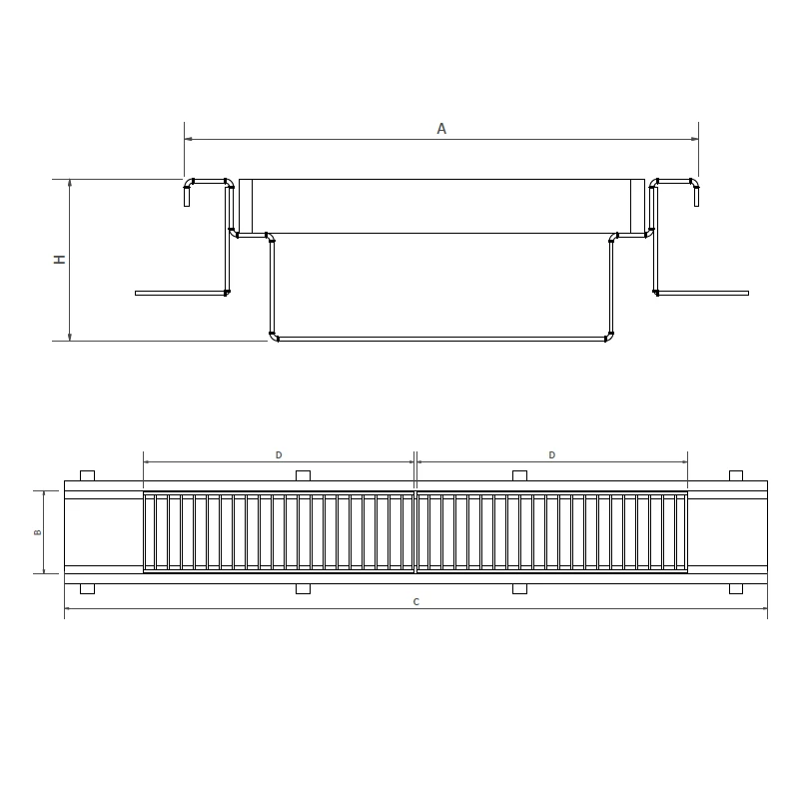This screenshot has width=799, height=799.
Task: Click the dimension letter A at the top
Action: point(441,129)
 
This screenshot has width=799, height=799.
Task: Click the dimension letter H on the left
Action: point(60,260)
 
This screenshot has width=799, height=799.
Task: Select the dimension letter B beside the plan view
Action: point(37,532)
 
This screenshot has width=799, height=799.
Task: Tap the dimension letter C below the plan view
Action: point(415,602)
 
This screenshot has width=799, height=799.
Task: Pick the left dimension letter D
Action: point(279,455)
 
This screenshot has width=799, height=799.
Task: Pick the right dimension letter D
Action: point(552,455)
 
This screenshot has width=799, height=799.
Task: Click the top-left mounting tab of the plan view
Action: point(87,476)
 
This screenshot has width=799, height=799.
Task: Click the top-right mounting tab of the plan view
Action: point(736,476)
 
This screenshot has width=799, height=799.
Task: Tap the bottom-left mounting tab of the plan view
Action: point(87,588)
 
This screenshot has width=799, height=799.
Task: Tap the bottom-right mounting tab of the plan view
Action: point(736,588)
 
